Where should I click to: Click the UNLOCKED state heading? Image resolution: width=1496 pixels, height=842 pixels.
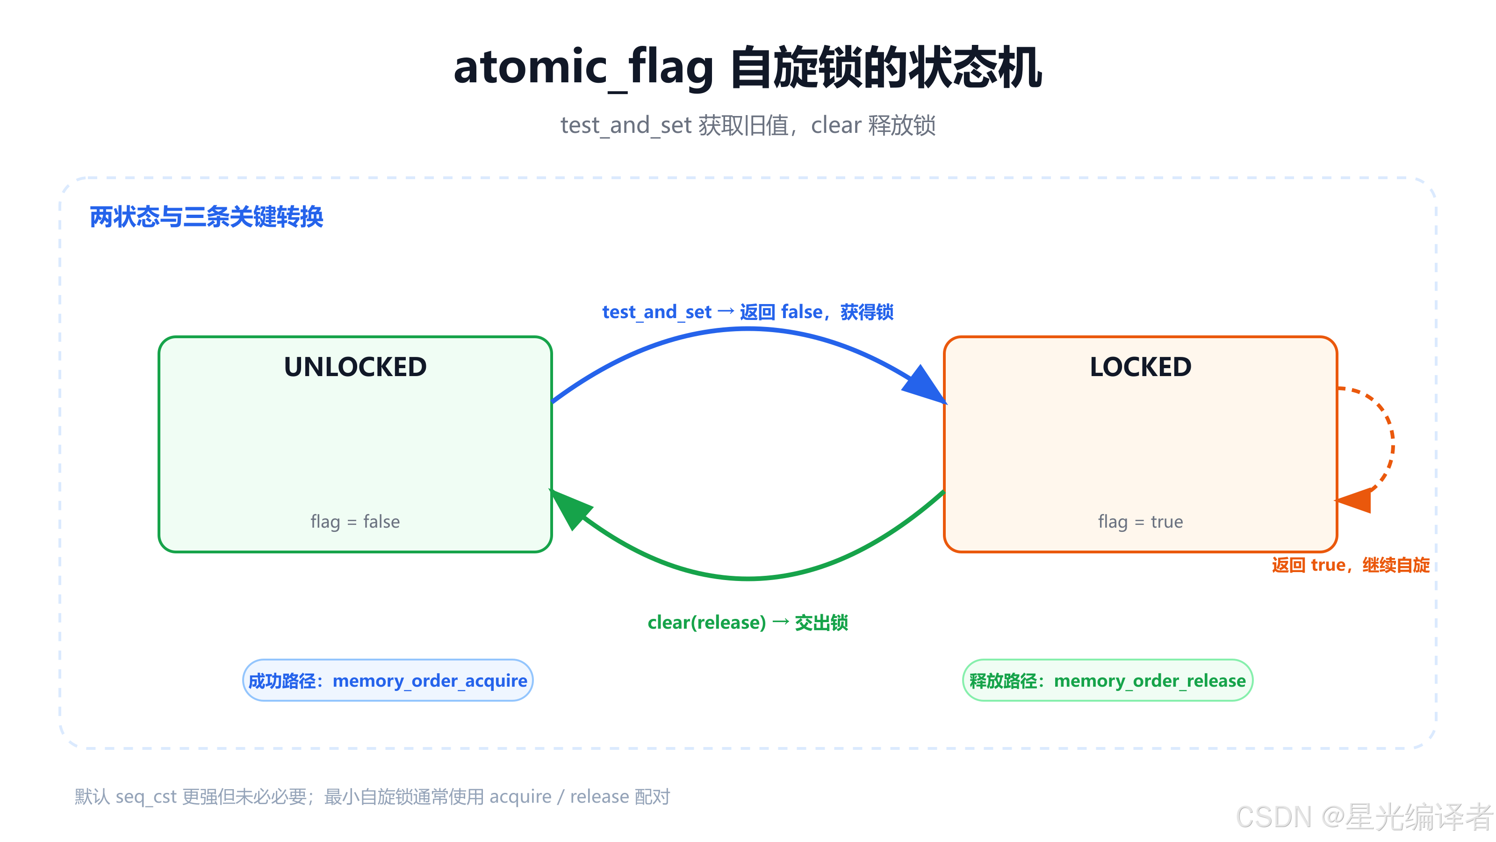355,367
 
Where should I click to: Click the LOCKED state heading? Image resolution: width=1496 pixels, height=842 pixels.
1141,367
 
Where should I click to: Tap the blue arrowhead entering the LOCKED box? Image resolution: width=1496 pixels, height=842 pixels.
926,385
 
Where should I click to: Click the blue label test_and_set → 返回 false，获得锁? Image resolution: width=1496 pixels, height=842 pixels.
748,312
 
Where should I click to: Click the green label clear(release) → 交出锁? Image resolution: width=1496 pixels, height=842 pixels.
748,622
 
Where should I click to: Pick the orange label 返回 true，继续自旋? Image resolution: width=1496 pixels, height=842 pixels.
1351,565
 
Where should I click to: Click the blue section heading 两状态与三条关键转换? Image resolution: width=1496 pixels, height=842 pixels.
206,217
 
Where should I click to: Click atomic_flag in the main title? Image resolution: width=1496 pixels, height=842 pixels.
583,67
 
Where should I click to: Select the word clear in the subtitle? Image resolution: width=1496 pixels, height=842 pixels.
836,125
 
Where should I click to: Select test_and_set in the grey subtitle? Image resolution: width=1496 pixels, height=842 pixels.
626,125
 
